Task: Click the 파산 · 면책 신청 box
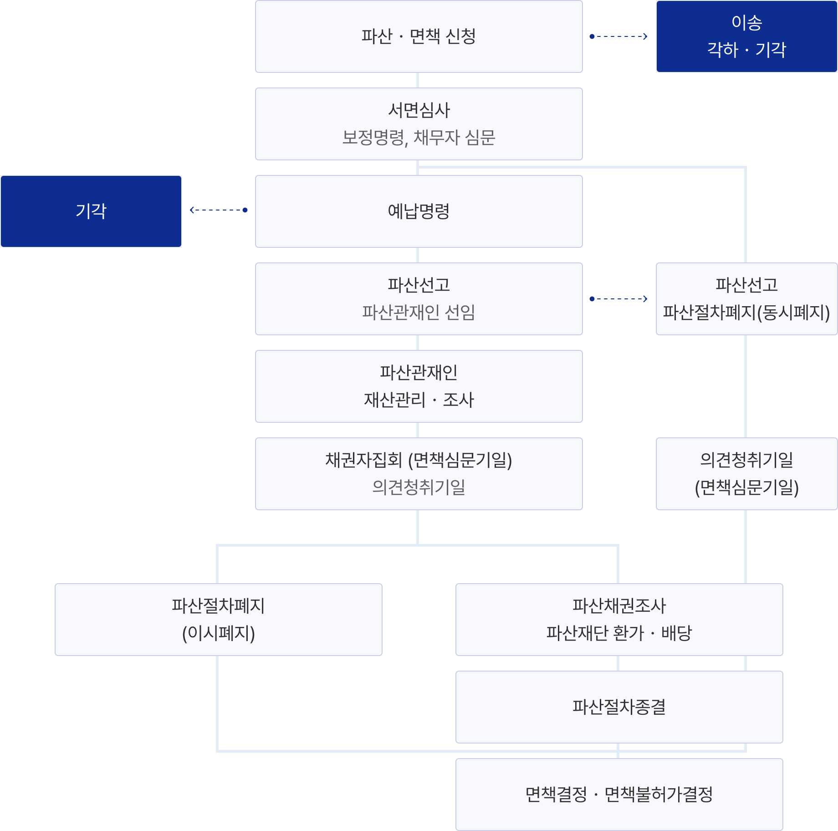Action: click(x=419, y=36)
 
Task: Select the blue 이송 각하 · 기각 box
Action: click(x=746, y=36)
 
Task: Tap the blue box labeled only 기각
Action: click(x=91, y=211)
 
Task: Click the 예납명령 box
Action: click(x=419, y=211)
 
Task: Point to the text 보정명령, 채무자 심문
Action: click(x=419, y=138)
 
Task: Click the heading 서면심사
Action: click(x=419, y=110)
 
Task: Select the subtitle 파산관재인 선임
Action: click(x=419, y=313)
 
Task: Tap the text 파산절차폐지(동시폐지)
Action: click(x=746, y=313)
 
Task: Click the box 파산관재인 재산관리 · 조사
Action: click(x=419, y=386)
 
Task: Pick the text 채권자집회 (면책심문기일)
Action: click(x=419, y=460)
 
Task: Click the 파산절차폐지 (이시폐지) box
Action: click(x=219, y=620)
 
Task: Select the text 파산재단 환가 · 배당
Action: click(x=619, y=633)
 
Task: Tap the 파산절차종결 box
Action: click(x=619, y=707)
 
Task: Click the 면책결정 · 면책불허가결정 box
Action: click(x=619, y=795)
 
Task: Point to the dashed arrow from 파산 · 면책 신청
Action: click(x=619, y=36)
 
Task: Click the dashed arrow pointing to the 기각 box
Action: click(x=219, y=210)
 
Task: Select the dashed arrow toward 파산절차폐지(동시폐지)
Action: click(x=619, y=299)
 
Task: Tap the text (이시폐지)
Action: click(x=219, y=633)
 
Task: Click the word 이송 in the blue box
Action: click(x=746, y=23)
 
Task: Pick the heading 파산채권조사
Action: click(x=619, y=606)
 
